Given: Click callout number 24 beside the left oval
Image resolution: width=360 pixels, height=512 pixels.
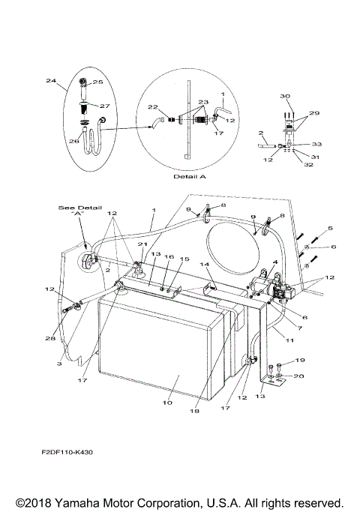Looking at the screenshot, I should [x=49, y=80].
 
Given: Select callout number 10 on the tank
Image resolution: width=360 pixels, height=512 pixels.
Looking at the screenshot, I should [x=166, y=403].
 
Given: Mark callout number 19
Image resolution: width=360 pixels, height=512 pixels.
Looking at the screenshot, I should [x=279, y=361].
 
